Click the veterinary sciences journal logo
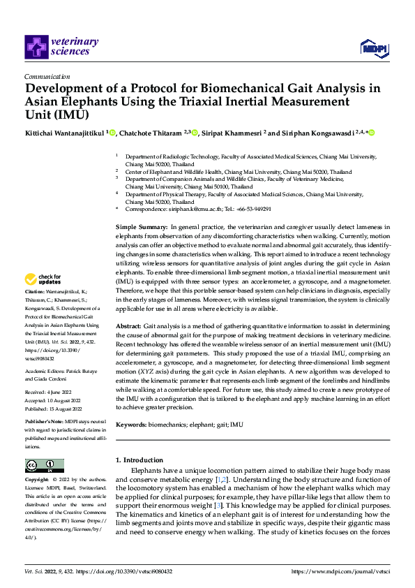(x=61, y=46)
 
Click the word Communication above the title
(x=47, y=77)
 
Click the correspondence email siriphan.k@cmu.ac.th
(x=185, y=209)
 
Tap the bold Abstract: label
(x=128, y=327)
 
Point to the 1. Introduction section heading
(x=139, y=460)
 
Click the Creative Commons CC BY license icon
(x=44, y=465)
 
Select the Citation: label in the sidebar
(x=34, y=290)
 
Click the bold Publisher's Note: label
(x=45, y=422)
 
